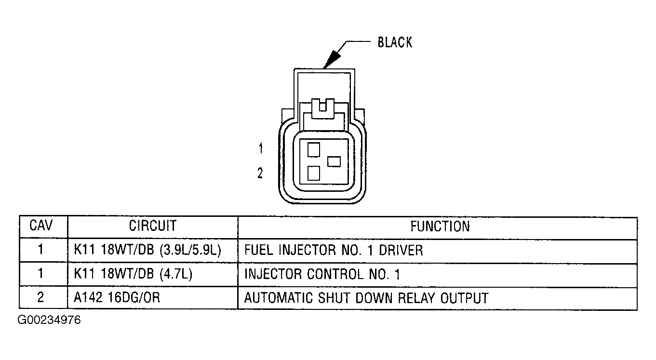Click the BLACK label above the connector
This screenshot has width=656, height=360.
pos(394,42)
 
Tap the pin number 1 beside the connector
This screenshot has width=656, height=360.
pos(261,149)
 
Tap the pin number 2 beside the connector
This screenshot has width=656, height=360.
pos(260,173)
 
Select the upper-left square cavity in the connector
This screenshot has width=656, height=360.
pos(314,149)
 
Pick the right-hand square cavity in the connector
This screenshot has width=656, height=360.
pos(334,161)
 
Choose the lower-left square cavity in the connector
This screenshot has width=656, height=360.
pos(314,173)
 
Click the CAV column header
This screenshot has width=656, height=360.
pos(41,226)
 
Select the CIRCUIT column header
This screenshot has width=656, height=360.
pos(152,226)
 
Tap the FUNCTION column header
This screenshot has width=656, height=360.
pos(440,227)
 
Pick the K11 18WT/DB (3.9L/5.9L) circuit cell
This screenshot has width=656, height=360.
pos(147,250)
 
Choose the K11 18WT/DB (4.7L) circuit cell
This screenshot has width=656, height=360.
pos(133,274)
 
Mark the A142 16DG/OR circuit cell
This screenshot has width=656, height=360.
pos(117,298)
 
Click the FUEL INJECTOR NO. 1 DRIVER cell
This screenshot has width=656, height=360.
pos(334,250)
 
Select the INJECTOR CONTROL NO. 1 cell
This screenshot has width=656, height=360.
pos(322,274)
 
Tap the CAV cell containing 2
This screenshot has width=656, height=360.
pos(40,298)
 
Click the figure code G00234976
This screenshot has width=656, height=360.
pos(49,320)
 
